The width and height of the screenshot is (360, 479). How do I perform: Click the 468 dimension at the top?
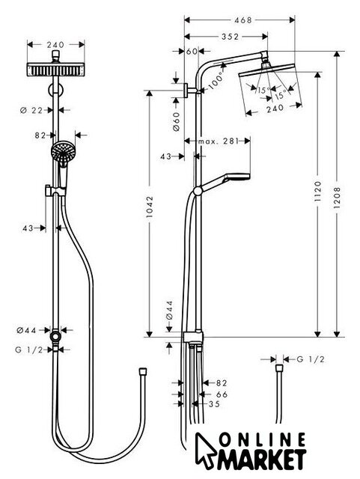click(x=243, y=20)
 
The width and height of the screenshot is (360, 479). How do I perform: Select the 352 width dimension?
click(x=230, y=37)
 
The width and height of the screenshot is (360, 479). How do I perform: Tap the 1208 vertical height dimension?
click(x=337, y=198)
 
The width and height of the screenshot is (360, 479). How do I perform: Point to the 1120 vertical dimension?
click(x=318, y=192)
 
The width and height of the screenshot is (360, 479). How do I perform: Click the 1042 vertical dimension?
click(x=150, y=207)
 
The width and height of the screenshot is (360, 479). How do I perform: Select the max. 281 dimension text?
click(x=218, y=141)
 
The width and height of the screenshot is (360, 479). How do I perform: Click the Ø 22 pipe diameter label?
click(x=31, y=110)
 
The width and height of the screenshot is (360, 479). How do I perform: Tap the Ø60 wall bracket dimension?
click(x=177, y=121)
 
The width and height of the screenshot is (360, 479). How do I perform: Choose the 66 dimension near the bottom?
click(x=222, y=394)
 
